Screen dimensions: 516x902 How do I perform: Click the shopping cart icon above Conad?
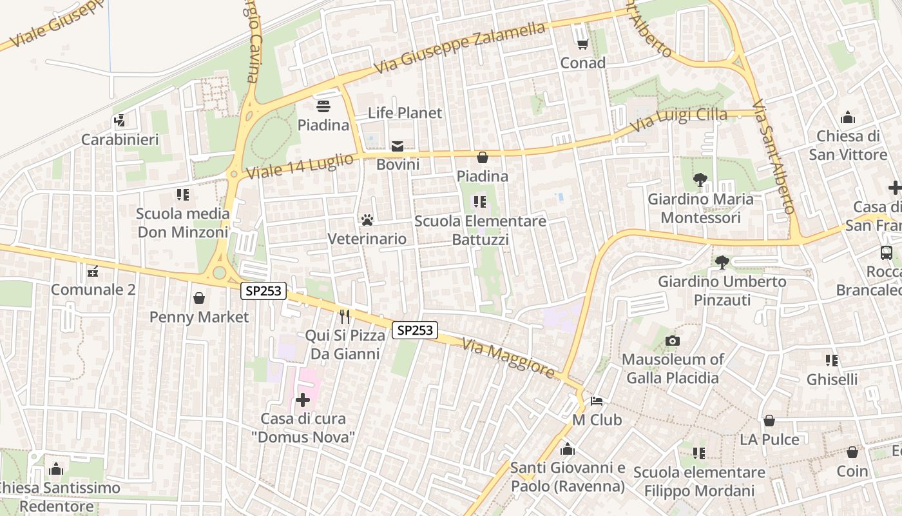coord(582,44)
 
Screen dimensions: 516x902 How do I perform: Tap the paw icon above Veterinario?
coord(367,220)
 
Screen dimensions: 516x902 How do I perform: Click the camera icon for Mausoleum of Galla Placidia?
coord(673,341)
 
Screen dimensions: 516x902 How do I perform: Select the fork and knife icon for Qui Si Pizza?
coord(345,316)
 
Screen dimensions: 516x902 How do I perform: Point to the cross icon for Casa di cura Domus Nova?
coord(303,400)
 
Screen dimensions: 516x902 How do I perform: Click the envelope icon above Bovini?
coord(398,146)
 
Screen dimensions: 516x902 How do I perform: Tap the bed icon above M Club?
coord(597,401)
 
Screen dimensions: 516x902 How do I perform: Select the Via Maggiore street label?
coord(508,359)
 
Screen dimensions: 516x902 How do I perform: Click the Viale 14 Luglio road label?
coord(300,166)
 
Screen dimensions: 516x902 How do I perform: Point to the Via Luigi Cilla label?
coord(678,119)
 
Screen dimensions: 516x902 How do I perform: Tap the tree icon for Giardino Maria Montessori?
coord(700,180)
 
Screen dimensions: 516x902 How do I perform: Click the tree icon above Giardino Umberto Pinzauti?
coord(722,263)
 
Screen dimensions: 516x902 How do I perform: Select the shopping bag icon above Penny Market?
coord(199,298)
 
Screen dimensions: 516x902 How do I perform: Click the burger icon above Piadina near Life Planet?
coord(323,106)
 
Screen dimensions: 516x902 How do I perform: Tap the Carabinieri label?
coord(120,139)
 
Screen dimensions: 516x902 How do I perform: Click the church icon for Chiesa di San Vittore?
coord(848,117)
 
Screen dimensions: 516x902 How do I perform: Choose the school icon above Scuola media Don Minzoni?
coord(182,194)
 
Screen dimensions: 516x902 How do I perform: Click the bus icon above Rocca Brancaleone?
coord(887,253)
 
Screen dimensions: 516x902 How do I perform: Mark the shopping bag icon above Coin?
coord(852,452)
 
